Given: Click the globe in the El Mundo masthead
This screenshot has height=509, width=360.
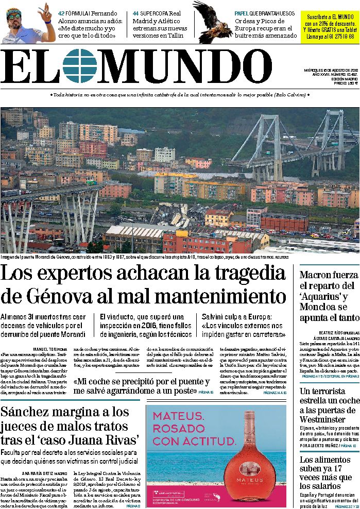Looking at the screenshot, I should click(80, 66).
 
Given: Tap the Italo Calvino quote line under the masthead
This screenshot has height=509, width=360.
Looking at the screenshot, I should click(180, 95).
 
